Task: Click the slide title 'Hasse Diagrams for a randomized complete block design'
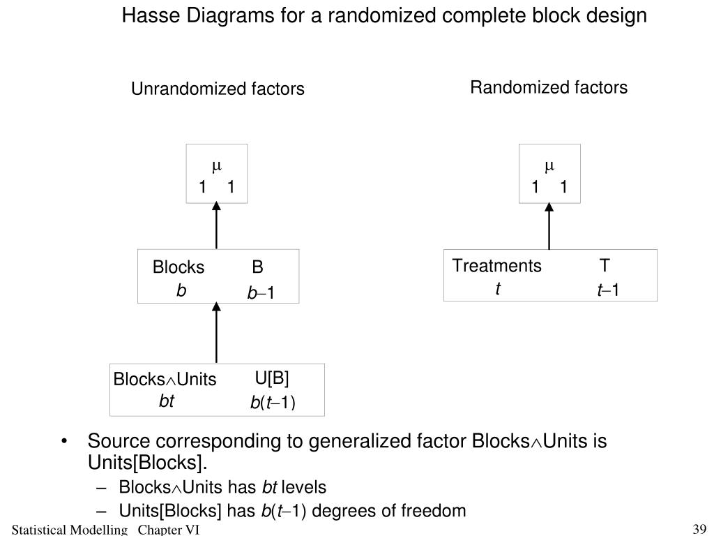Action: point(384,15)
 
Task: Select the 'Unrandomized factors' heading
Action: point(218,89)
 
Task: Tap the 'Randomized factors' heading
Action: point(549,87)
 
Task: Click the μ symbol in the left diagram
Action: point(216,166)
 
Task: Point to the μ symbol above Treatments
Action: point(549,166)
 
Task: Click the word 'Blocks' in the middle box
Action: point(178,268)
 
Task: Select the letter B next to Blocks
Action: point(258,267)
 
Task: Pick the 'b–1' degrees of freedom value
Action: point(261,294)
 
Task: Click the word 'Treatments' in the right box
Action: point(496,266)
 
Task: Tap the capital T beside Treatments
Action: point(605,266)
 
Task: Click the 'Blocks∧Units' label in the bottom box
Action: point(165,380)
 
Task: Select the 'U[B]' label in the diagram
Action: point(272,378)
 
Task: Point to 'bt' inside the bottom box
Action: point(166,401)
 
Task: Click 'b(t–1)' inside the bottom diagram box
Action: point(273,403)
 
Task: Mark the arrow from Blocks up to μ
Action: point(216,225)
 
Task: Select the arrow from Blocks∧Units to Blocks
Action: point(216,333)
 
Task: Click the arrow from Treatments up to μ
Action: point(549,225)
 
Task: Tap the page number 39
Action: point(700,528)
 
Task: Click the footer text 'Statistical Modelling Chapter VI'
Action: point(105,530)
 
